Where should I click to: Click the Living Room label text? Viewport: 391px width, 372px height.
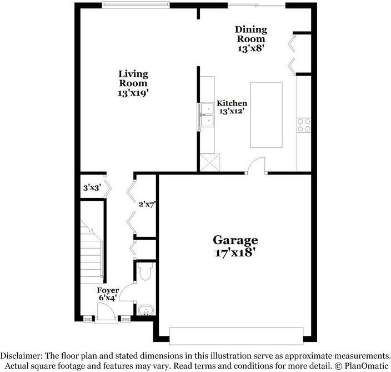point(133,83)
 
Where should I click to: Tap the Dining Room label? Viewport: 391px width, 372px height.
point(251,39)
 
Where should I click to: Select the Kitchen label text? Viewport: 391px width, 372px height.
point(232,107)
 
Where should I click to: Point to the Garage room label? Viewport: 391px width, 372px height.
point(235,246)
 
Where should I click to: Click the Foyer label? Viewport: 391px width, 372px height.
point(108,294)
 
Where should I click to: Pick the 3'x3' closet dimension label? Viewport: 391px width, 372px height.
point(91,187)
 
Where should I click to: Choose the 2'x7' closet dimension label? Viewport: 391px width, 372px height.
point(147,204)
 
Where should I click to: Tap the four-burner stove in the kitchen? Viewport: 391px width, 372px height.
point(304,125)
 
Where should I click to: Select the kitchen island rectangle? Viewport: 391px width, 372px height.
point(266,115)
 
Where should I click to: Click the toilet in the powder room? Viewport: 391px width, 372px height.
point(145,272)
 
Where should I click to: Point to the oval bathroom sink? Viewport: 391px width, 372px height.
point(144,310)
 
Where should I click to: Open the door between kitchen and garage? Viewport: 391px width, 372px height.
point(256,166)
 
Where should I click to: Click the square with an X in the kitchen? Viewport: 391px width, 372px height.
point(211,162)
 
